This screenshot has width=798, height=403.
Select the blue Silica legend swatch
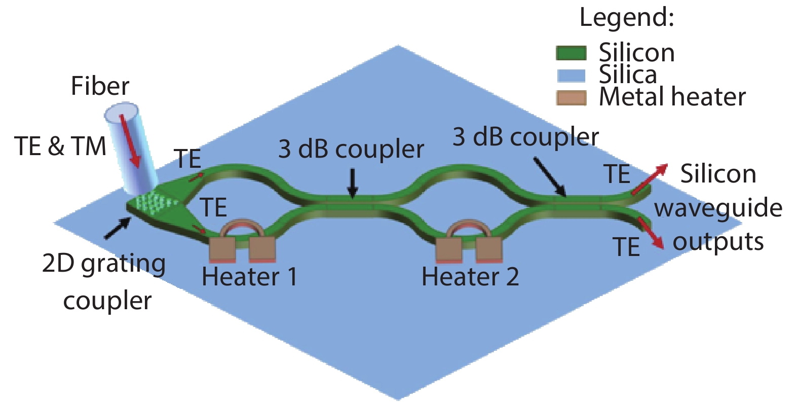point(571,76)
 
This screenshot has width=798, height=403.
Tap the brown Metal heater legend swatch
point(571,98)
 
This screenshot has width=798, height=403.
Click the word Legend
point(626,17)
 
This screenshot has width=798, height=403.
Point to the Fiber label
point(100,86)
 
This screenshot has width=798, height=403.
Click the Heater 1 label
point(249,277)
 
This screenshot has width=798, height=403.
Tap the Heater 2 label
point(470,277)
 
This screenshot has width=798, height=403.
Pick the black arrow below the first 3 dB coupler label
point(353,182)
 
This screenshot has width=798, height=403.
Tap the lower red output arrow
point(651,233)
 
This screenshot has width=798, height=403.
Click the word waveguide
point(718,208)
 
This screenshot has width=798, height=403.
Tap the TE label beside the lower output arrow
point(627,247)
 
